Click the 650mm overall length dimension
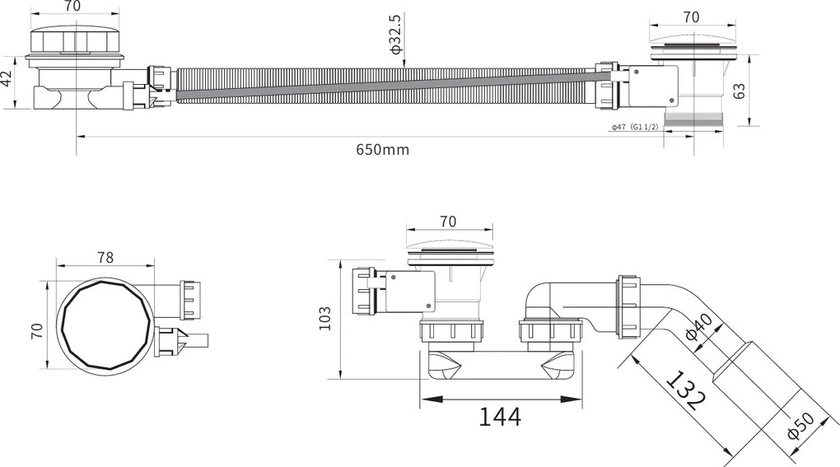tap(382, 150)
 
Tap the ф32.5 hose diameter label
tap(395, 34)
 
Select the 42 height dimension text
tap(7, 81)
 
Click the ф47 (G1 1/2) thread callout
tap(634, 128)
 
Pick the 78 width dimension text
tap(105, 257)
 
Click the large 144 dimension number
tap(500, 417)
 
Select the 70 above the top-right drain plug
tap(690, 16)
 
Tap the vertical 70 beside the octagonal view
tap(37, 332)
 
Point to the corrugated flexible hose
tap(387, 84)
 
